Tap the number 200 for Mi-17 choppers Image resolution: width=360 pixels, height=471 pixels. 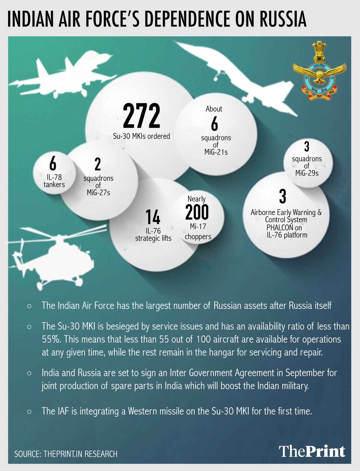[197, 212]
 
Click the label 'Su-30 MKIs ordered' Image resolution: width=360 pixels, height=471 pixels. [141, 136]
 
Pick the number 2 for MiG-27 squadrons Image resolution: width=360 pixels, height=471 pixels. [97, 164]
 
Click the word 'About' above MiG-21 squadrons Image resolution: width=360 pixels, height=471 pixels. [214, 109]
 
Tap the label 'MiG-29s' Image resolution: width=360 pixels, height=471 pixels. [307, 173]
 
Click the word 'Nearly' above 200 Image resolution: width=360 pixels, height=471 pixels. [196, 199]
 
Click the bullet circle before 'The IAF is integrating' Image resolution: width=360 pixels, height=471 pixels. [29, 411]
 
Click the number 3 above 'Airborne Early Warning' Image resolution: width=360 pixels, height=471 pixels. [283, 196]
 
